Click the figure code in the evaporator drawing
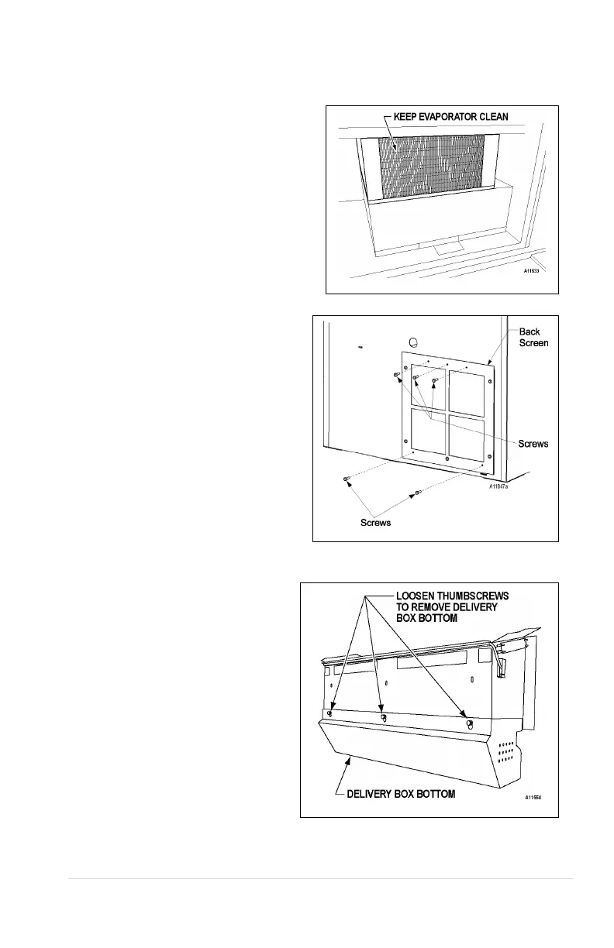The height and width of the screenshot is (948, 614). [530, 270]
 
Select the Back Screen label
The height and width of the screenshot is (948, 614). [533, 337]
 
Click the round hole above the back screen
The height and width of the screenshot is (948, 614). [413, 341]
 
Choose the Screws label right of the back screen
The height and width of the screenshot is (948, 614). [533, 444]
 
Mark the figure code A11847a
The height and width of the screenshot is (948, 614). [502, 486]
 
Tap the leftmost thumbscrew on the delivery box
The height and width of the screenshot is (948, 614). [330, 713]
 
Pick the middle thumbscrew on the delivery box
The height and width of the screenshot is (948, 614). [383, 716]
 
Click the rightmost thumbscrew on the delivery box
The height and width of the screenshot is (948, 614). [469, 723]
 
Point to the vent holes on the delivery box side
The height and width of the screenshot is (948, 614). [507, 751]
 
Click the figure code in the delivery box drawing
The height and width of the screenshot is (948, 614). [534, 797]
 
